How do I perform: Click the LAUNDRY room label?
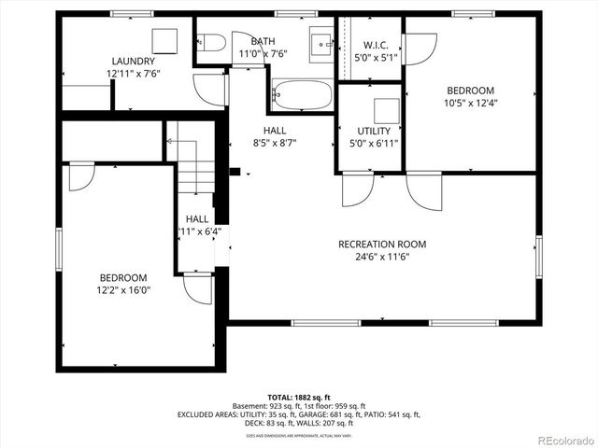pos(133,61)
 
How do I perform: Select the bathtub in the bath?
pos(301,95)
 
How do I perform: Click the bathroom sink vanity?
pos(323,42)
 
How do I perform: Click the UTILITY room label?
pos(373,132)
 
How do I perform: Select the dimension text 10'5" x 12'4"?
pos(469,103)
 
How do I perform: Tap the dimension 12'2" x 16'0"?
pos(123,290)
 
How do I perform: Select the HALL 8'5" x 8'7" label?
pos(274,131)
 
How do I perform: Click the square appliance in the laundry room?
pos(165,40)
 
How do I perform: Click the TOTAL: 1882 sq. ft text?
pos(300,398)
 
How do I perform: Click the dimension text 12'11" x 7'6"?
pos(133,73)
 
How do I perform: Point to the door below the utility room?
pos(357,189)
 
